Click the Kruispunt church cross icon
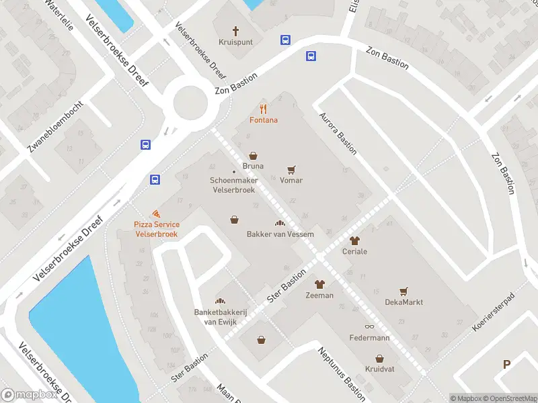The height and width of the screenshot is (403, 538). click(x=236, y=30)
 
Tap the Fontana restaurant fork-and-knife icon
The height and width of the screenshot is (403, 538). click(x=264, y=109)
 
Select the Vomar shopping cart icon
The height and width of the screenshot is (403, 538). click(x=291, y=170)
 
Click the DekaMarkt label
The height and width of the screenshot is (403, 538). click(x=403, y=302)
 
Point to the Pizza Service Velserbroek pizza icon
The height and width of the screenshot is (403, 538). click(x=156, y=213)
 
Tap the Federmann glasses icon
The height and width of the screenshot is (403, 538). click(x=369, y=326)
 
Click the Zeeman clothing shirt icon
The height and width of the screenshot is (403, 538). click(x=319, y=284)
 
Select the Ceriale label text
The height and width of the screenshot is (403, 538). click(x=355, y=251)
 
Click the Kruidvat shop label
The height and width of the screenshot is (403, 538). click(x=379, y=369)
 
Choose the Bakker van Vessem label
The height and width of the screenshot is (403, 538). click(x=280, y=234)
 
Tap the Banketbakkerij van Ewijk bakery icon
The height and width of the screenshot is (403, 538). click(x=219, y=300)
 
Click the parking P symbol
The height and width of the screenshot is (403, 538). click(x=506, y=364)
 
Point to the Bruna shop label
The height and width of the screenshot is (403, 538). click(x=253, y=166)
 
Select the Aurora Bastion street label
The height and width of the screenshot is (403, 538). click(x=338, y=133)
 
